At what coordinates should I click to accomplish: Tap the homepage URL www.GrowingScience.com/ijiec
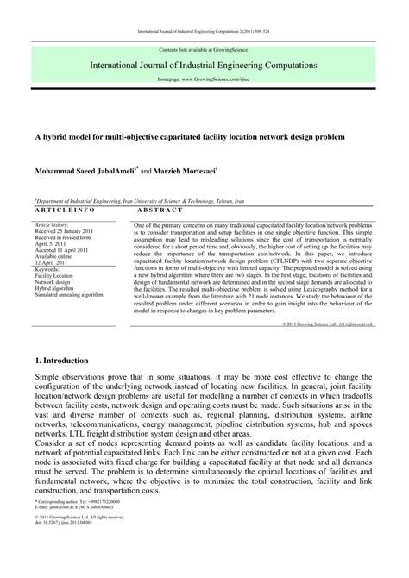tap(204, 79)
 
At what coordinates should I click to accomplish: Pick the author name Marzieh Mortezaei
tap(184, 172)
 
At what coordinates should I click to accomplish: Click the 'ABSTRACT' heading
tap(160, 210)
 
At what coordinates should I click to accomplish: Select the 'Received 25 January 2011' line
tap(66, 232)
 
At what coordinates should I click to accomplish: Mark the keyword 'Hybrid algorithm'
tap(57, 290)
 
